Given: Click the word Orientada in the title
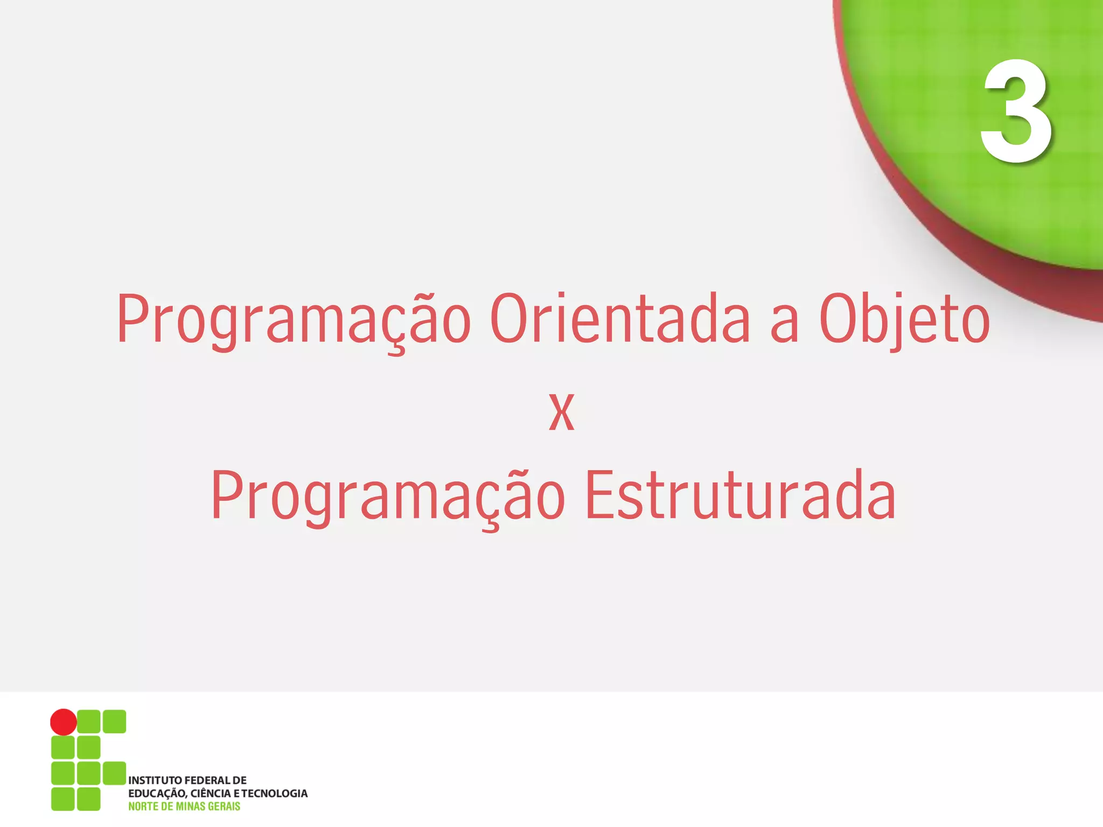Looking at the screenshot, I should [620, 319].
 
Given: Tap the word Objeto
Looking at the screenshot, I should [904, 319].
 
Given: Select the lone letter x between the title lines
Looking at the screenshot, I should [561, 412].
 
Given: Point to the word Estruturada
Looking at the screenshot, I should [741, 495].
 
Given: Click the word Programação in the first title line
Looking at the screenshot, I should [294, 319].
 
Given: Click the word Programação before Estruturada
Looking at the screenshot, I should [388, 495].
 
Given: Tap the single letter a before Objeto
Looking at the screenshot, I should [784, 325].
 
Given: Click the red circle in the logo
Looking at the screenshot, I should [64, 722].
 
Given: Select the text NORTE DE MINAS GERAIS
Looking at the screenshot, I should [184, 806].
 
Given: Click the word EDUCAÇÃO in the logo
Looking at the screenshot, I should [157, 794].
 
